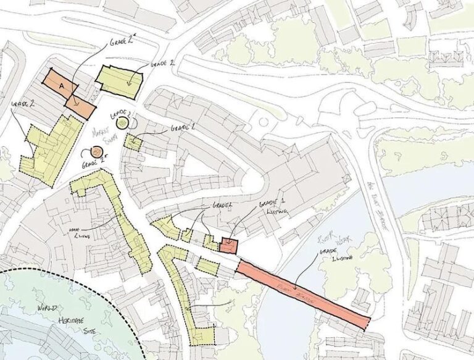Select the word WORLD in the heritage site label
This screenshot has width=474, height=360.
(x=48, y=307)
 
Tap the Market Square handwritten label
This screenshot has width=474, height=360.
(x=99, y=135)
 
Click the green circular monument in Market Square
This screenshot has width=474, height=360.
(x=122, y=123)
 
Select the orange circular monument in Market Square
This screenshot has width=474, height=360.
(x=96, y=152)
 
